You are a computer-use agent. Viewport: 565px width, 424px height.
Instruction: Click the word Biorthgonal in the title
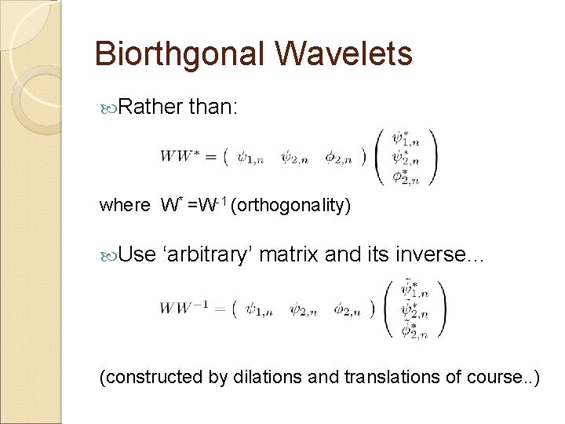pos(180,53)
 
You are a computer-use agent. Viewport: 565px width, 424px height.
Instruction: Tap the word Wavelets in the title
pos(344,53)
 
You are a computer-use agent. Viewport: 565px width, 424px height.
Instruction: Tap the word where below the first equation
pos(124,206)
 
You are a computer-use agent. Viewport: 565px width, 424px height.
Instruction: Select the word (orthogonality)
pos(292,206)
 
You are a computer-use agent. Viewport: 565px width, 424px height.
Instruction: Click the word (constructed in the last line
pos(151,377)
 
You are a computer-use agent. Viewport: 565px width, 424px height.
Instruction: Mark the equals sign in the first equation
pos(211,155)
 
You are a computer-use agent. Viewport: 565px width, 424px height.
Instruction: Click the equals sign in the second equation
pos(221,308)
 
